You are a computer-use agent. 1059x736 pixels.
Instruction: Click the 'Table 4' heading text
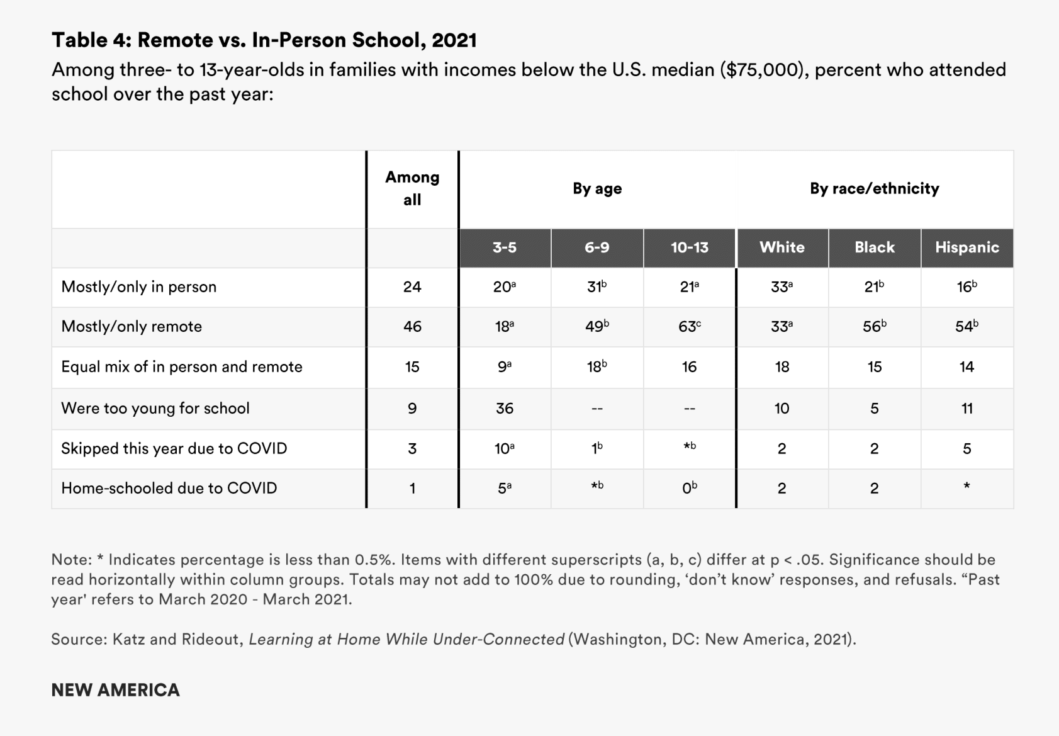pyautogui.click(x=264, y=40)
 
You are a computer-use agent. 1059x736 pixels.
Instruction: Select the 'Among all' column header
pyautogui.click(x=412, y=188)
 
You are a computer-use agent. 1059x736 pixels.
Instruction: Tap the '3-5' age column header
pyautogui.click(x=505, y=247)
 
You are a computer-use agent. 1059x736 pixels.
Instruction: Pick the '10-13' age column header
pyautogui.click(x=689, y=247)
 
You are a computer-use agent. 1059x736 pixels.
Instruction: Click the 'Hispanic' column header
pyautogui.click(x=967, y=247)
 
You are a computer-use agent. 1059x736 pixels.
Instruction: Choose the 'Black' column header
pyautogui.click(x=874, y=247)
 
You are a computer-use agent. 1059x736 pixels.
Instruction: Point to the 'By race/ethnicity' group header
pyautogui.click(x=874, y=188)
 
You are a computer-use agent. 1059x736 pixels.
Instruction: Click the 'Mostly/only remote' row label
pyautogui.click(x=132, y=326)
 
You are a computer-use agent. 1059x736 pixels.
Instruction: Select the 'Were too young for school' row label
pyautogui.click(x=155, y=408)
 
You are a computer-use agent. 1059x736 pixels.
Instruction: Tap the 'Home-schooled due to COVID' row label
pyautogui.click(x=169, y=488)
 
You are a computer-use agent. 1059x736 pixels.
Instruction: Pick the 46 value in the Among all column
pyautogui.click(x=412, y=327)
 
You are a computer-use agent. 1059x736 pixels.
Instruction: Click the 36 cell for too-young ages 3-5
pyautogui.click(x=505, y=408)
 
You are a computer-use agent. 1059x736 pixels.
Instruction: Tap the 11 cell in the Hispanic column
pyautogui.click(x=967, y=408)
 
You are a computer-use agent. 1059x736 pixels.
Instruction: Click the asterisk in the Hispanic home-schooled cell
pyautogui.click(x=967, y=486)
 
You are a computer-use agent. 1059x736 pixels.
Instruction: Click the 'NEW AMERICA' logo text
pyautogui.click(x=115, y=690)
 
